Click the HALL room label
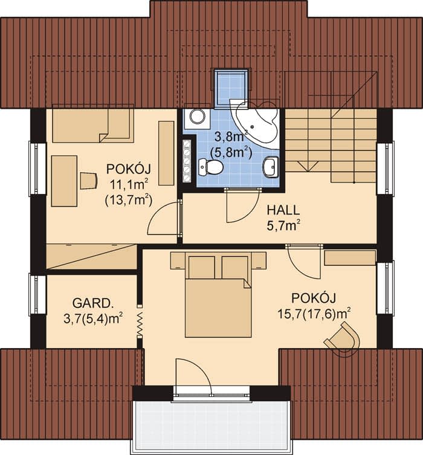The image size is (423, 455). [x=283, y=210]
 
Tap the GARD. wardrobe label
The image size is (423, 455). [x=92, y=303]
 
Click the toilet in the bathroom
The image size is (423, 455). [x=211, y=167]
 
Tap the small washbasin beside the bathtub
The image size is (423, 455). [x=271, y=167]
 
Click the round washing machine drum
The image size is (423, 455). [x=197, y=116]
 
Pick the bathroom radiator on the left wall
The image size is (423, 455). [x=187, y=161]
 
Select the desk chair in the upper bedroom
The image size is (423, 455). [x=88, y=181]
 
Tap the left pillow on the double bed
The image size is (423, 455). [x=202, y=267]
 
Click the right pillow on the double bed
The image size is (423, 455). [x=235, y=267]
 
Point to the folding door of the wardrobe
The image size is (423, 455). [x=140, y=321]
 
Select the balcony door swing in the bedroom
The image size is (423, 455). [x=202, y=369]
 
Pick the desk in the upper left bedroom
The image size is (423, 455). [x=64, y=181]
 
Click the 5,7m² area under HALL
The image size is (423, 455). [x=283, y=226]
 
